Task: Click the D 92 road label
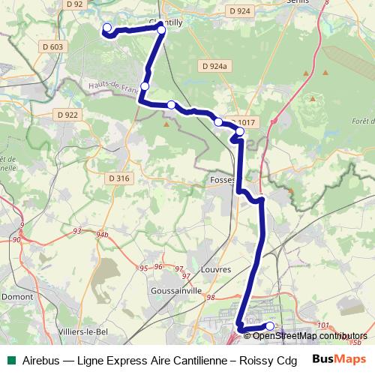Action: pos(73,4)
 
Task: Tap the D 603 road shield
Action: pos(54,46)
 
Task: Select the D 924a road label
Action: pos(214,66)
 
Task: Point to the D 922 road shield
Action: pos(67,115)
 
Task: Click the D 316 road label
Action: pos(119,178)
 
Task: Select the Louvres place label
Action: pos(216,268)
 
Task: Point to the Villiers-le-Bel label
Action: pos(84,330)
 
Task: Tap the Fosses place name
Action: pos(223,180)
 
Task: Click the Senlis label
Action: pos(301,2)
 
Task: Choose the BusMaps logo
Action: pos(339,358)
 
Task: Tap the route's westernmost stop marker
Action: pos(106,28)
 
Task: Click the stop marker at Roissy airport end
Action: pos(270,326)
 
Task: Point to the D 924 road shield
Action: pos(238,11)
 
